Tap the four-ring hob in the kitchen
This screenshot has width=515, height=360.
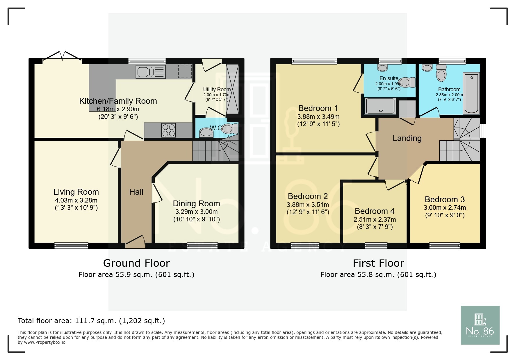click(168, 130)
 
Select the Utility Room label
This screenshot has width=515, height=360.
click(217, 89)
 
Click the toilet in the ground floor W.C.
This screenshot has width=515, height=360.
click(231, 128)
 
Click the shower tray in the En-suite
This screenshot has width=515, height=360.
click(380, 106)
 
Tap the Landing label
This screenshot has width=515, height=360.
click(407, 138)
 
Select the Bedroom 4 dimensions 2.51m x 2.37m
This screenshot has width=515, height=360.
click(375, 220)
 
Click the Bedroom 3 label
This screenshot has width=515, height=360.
click(445, 199)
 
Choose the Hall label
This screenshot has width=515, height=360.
click(136, 192)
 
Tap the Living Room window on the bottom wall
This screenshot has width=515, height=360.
click(71, 246)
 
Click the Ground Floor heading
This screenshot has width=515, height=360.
click(136, 263)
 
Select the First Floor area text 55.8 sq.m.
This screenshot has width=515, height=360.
click(378, 275)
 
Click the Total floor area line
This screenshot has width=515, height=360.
click(91, 321)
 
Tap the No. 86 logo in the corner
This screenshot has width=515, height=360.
click(480, 325)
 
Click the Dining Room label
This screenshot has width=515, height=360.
click(196, 203)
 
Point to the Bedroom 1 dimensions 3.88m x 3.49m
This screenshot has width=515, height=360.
click(318, 117)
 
